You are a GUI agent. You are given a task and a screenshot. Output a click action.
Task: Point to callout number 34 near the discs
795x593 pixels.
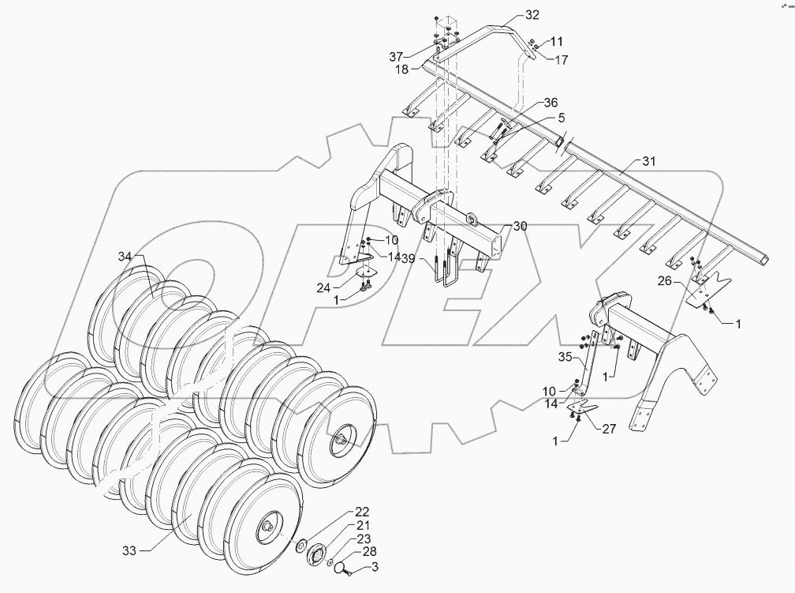tap(126, 256)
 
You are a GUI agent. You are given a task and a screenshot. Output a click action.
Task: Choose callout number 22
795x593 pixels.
tap(361, 511)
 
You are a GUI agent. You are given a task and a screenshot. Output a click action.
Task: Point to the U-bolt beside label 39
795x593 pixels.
tap(445, 269)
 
